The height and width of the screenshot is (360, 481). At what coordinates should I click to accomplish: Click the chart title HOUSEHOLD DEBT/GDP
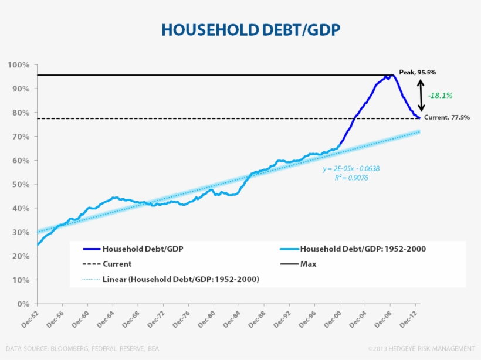click(x=250, y=30)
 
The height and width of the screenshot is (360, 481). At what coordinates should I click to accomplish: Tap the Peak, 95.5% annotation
click(x=418, y=72)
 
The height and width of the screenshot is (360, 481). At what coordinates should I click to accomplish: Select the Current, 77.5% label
click(x=446, y=118)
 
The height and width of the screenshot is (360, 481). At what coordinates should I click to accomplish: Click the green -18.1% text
click(x=440, y=95)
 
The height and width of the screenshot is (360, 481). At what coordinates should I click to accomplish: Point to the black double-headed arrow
click(x=421, y=95)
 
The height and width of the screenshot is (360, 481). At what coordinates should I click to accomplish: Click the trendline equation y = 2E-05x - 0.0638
click(x=351, y=169)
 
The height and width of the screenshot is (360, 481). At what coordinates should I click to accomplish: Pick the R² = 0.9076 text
click(x=351, y=178)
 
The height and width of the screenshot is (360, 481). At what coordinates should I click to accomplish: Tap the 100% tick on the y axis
click(x=19, y=64)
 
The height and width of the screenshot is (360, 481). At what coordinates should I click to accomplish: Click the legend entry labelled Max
click(x=307, y=264)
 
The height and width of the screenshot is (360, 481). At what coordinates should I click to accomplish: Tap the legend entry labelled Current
click(x=117, y=264)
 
